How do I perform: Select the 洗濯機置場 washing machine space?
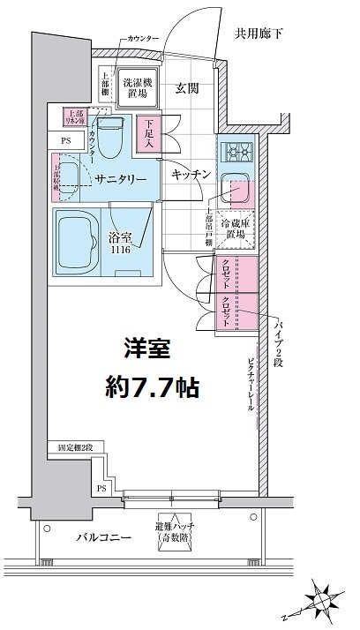click(x=138, y=86)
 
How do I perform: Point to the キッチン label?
click(x=190, y=175)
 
